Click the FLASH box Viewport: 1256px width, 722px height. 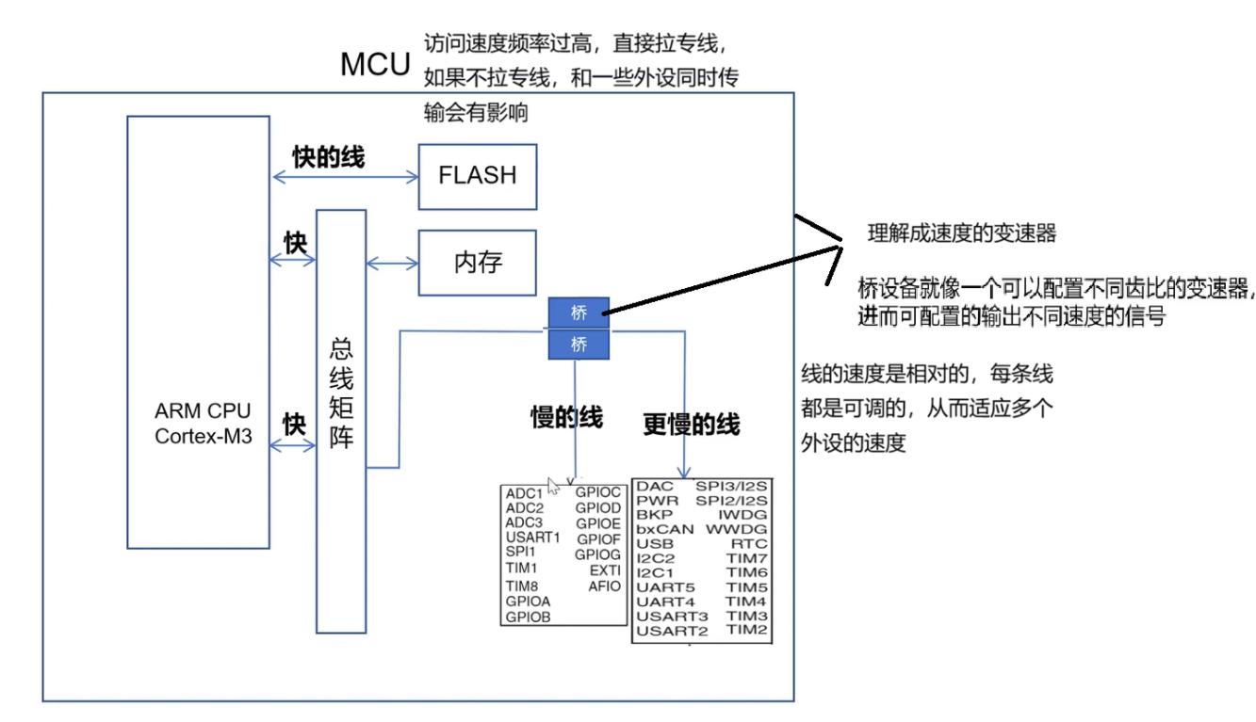tap(477, 177)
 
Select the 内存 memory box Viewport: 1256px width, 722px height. tap(477, 263)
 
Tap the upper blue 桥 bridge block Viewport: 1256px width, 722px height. tap(579, 313)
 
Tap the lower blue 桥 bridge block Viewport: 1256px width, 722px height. tap(579, 344)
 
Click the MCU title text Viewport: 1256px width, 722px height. tap(375, 64)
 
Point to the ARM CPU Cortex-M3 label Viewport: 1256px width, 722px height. tap(203, 424)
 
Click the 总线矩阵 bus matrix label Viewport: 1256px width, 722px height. tap(341, 393)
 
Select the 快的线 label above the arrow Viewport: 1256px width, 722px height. tap(329, 156)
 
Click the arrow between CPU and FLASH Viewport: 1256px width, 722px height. tap(346, 178)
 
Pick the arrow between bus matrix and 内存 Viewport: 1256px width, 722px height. tap(393, 264)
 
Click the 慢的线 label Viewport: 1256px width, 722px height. tap(566, 417)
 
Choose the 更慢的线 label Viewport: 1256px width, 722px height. tap(692, 424)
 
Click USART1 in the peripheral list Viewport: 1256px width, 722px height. tap(532, 537)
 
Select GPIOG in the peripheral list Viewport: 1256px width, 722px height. tap(597, 554)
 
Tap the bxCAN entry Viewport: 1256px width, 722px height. tap(665, 529)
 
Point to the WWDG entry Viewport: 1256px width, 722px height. tap(736, 529)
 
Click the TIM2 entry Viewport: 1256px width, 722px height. tap(747, 630)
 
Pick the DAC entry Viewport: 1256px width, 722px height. tap(655, 486)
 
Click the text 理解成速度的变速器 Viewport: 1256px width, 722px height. tap(962, 233)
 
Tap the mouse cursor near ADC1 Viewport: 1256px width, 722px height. tap(552, 486)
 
